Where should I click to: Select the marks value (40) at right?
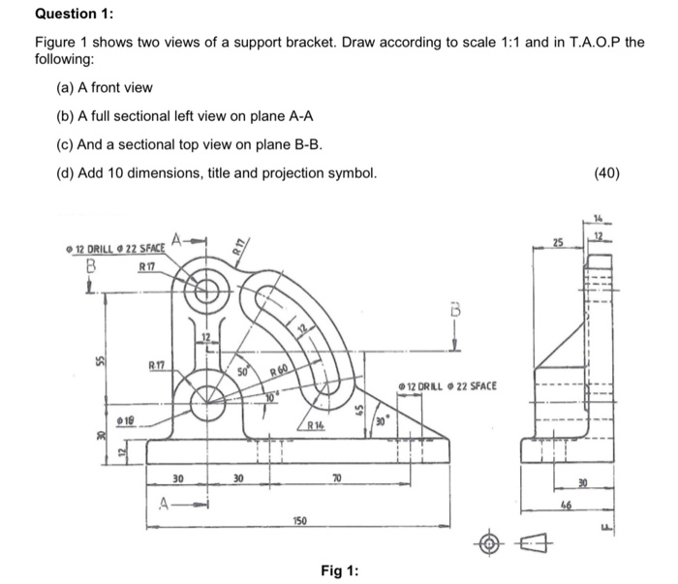(636, 173)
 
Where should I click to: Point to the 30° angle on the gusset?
(382, 423)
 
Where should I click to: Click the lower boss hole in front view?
(206, 399)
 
